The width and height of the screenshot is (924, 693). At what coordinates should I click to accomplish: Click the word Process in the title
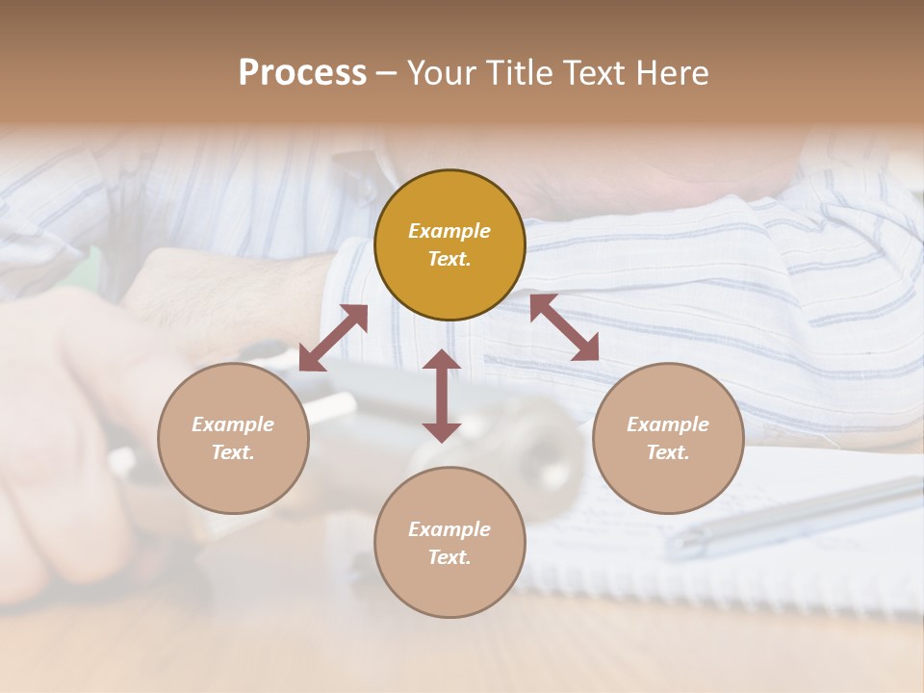(302, 73)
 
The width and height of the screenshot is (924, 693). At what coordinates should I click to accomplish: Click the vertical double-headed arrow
(442, 396)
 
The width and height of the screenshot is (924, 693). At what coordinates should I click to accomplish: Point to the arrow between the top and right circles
(564, 327)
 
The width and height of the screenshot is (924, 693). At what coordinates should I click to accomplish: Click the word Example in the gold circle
(449, 231)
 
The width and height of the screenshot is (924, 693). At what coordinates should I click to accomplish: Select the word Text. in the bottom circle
(449, 557)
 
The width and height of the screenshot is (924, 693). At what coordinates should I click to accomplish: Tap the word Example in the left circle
(233, 424)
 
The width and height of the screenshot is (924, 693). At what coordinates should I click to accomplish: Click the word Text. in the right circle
(668, 452)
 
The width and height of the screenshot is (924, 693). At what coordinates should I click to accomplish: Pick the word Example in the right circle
(668, 424)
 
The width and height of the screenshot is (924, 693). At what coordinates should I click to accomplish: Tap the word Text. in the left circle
(233, 452)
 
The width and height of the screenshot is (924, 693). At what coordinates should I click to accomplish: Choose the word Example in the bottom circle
(449, 529)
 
